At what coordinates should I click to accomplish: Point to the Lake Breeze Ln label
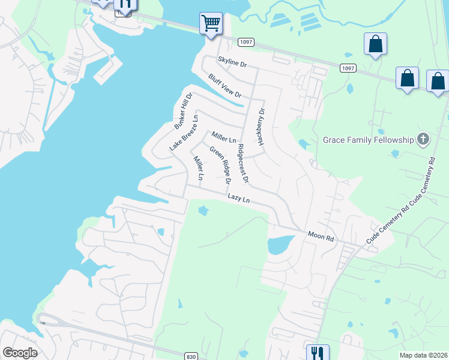point(183,133)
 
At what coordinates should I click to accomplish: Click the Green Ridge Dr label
point(220,164)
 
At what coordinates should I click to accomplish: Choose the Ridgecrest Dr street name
point(243,163)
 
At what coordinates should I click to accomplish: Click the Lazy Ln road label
point(238,198)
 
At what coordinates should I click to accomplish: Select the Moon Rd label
point(320,236)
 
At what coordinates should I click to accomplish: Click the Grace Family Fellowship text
point(369,140)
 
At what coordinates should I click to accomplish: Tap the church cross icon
point(423,140)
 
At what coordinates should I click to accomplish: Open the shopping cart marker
point(211,24)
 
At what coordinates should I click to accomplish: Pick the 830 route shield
point(191,356)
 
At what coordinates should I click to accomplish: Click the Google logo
point(20,353)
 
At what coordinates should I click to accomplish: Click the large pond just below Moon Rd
point(279,245)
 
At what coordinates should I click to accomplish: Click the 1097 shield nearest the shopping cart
point(246,42)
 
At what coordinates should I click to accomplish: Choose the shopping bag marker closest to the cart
point(375,44)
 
